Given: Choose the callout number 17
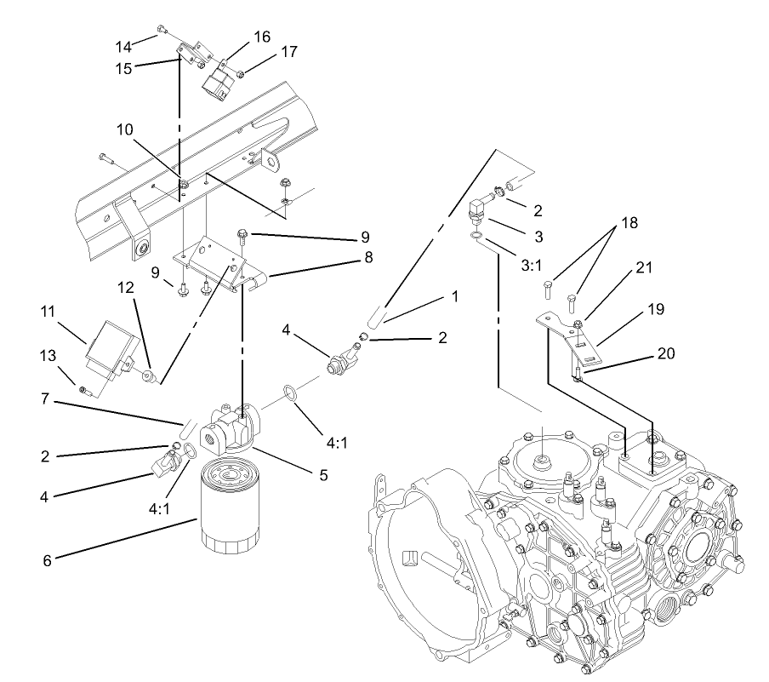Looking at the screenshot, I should coord(288,51).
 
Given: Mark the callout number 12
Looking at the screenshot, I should coord(126,289).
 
